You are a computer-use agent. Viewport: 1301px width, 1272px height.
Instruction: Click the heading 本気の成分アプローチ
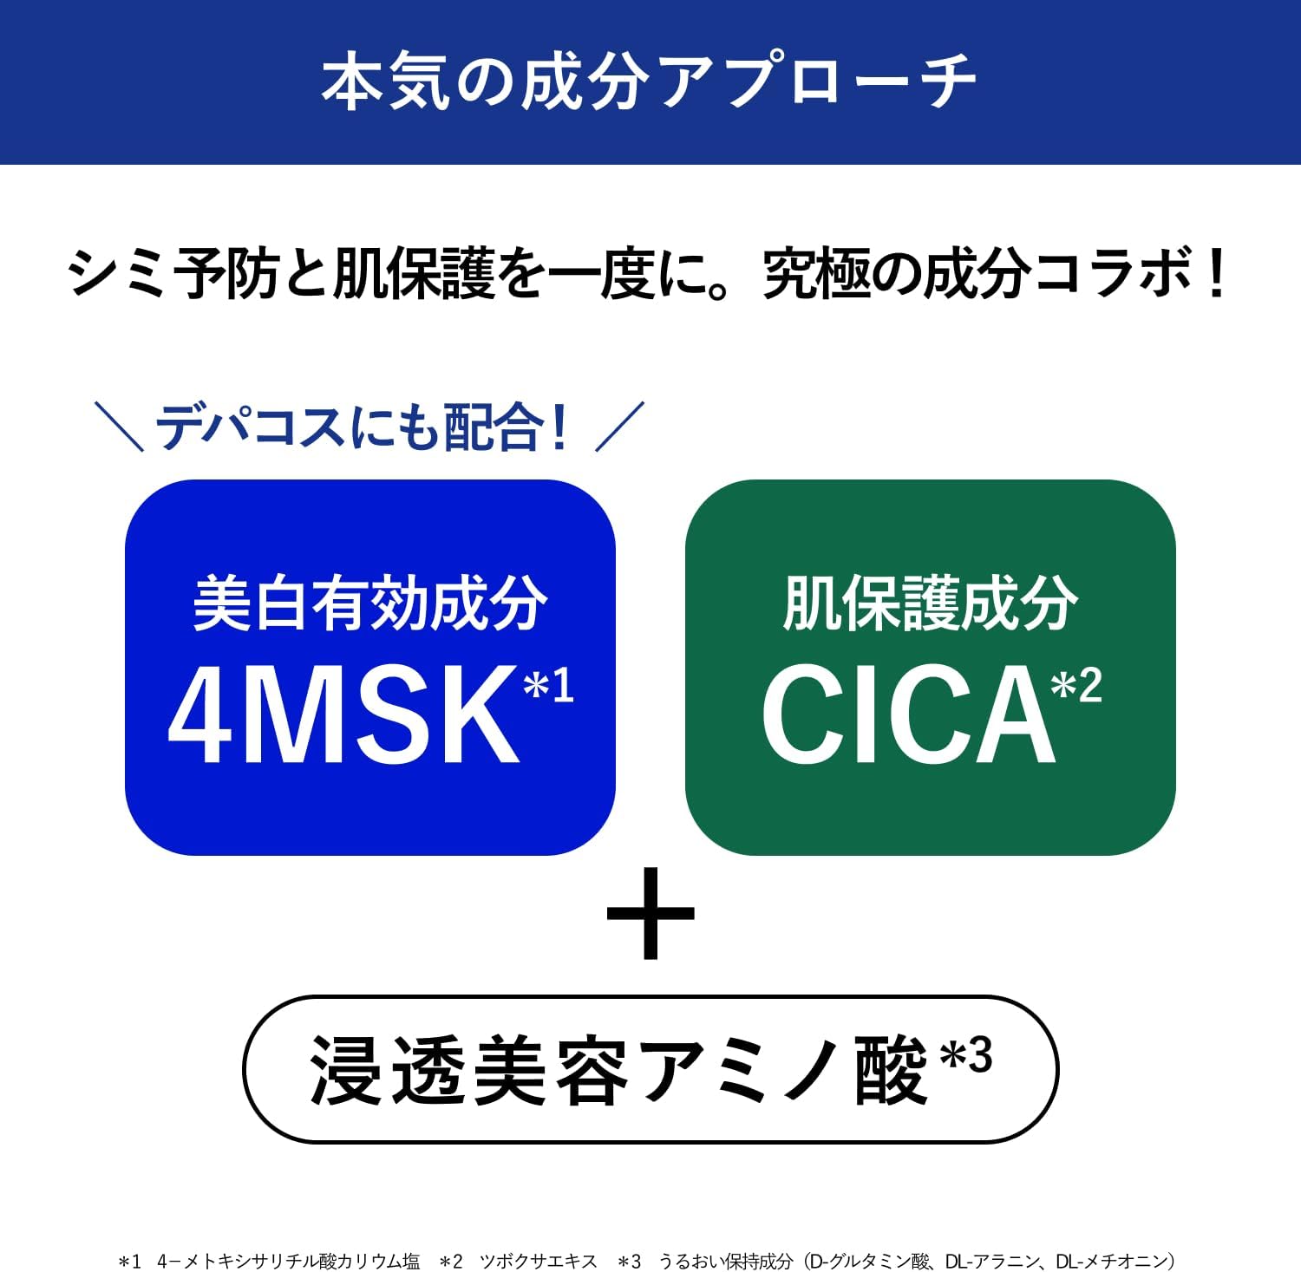(x=649, y=82)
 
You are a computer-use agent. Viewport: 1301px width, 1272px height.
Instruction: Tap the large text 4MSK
(x=343, y=714)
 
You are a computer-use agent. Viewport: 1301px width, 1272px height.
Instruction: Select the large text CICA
(x=907, y=714)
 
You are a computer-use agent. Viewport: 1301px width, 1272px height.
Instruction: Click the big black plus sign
(x=650, y=914)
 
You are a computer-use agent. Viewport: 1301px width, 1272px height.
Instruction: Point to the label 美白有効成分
(x=370, y=603)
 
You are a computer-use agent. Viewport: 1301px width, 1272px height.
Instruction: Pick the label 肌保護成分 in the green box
(x=930, y=603)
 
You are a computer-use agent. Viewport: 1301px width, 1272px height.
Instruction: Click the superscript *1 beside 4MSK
(x=548, y=685)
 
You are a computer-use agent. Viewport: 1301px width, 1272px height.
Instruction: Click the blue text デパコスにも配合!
(x=363, y=427)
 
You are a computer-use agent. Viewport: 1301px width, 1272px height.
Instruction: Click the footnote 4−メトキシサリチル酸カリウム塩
(x=289, y=1261)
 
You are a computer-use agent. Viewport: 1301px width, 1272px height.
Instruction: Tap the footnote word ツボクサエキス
(x=539, y=1261)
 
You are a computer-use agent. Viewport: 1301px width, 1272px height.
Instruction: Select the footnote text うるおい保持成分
(x=725, y=1261)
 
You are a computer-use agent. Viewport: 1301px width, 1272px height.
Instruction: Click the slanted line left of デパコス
(x=119, y=426)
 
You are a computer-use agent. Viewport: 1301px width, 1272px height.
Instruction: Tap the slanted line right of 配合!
(x=619, y=426)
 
